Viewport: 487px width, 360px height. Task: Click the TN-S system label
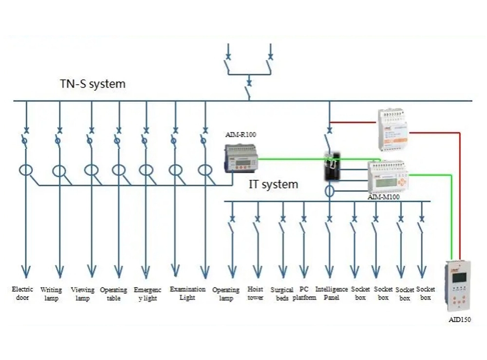[x=93, y=84]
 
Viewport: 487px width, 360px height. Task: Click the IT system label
[x=273, y=185]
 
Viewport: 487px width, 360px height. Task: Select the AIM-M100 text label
[x=384, y=197]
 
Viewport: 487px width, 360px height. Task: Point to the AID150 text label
[x=459, y=320]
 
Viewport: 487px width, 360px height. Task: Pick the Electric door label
[x=22, y=294]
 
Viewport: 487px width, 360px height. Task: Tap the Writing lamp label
[x=51, y=294]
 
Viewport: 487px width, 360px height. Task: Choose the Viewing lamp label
[x=82, y=294]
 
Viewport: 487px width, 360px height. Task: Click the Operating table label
[x=113, y=294]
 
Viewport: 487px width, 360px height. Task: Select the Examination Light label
[x=187, y=293]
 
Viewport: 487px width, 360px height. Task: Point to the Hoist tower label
[x=255, y=294]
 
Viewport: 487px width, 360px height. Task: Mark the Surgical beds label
[x=282, y=294]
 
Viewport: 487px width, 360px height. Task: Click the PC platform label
[x=304, y=294]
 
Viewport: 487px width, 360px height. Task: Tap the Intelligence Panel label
[x=332, y=293]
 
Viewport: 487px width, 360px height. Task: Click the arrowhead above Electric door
[x=25, y=272]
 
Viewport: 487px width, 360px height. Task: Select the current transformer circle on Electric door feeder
[x=26, y=171]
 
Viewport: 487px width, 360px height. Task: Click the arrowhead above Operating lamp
[x=232, y=272]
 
